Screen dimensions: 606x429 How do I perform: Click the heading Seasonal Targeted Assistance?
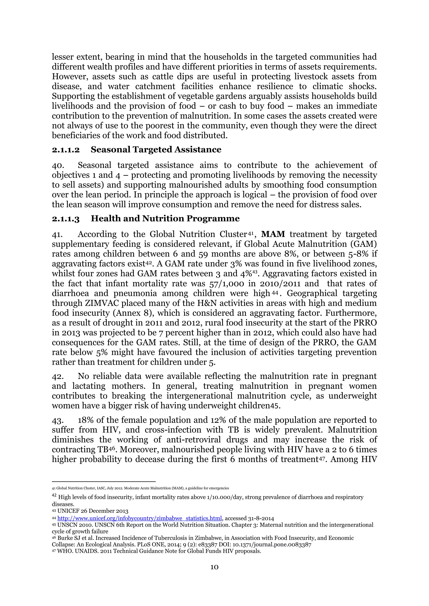(156, 150)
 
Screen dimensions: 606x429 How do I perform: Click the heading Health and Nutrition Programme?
(165, 218)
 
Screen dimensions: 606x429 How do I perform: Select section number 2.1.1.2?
(66, 150)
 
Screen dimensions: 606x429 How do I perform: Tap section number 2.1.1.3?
(66, 219)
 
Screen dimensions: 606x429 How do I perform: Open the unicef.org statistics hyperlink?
(140, 518)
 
